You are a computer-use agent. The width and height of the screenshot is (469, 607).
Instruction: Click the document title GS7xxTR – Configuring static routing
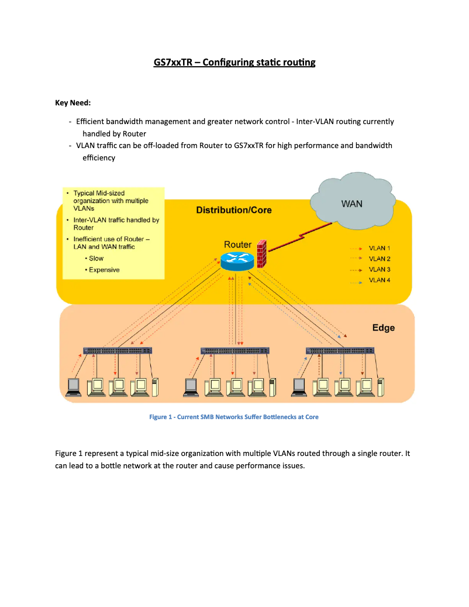(234, 62)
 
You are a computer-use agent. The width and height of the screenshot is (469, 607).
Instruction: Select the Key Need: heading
(73, 103)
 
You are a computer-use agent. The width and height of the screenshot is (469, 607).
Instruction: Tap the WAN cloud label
(351, 204)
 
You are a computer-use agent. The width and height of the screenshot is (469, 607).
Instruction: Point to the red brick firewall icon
(261, 253)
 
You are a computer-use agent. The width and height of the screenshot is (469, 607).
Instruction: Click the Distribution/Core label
(233, 210)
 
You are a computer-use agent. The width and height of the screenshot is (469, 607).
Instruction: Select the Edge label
(383, 327)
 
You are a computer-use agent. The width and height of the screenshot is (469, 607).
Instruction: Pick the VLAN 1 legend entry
(379, 248)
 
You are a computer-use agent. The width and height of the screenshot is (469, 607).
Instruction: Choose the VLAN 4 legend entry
(379, 280)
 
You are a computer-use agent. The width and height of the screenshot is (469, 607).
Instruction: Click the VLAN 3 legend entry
(379, 269)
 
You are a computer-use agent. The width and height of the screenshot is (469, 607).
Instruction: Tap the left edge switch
(118, 351)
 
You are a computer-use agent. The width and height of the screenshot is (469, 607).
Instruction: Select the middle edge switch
(235, 351)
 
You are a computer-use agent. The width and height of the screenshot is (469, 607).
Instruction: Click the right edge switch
(340, 351)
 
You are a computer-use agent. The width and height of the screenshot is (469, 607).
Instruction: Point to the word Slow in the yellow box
(96, 258)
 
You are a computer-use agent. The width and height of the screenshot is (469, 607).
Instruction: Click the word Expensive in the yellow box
(104, 270)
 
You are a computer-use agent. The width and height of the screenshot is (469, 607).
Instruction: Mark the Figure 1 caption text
(234, 417)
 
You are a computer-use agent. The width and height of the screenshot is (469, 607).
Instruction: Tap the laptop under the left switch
(74, 387)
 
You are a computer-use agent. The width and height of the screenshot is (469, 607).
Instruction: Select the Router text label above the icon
(237, 244)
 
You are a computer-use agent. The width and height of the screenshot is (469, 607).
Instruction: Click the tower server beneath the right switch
(381, 388)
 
